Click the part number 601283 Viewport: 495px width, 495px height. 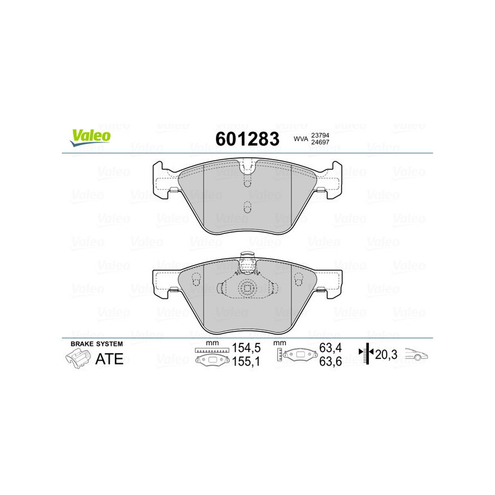pos(247,139)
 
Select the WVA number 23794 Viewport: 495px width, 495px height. pos(320,135)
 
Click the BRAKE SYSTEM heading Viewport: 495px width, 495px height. pos(97,343)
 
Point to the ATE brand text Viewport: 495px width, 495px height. pos(109,359)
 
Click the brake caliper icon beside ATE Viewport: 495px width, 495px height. pos(77,358)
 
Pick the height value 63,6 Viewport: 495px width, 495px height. pos(329,363)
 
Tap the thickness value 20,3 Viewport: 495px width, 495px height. pos(387,355)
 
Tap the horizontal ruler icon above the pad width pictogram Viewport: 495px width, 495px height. pos(212,350)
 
